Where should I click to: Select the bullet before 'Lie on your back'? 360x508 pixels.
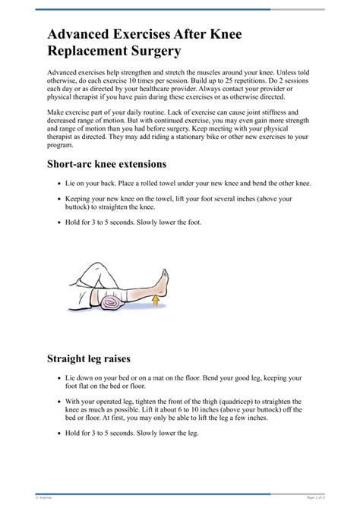click(59, 184)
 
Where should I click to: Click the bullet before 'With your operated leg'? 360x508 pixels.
click(59, 401)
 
